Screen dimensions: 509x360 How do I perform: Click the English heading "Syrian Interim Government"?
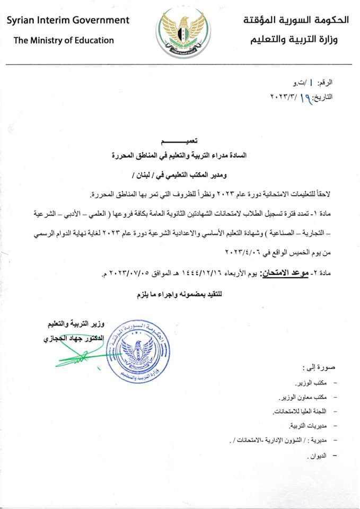click(x=68, y=20)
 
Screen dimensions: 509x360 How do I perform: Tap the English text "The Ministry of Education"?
click(x=64, y=40)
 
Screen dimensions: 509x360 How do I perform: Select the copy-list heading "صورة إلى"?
click(x=318, y=367)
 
